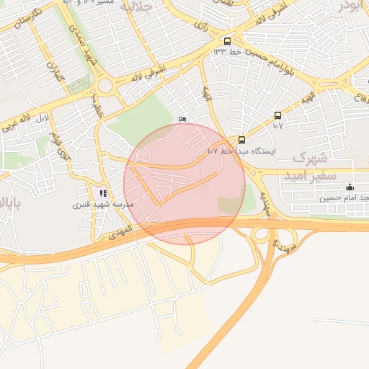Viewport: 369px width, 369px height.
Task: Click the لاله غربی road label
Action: point(17,122)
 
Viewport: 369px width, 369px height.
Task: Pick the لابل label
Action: point(43,116)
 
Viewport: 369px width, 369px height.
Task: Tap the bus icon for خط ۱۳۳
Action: point(228,41)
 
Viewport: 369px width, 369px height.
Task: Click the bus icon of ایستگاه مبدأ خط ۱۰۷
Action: point(241,141)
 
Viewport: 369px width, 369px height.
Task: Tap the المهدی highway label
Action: point(119,231)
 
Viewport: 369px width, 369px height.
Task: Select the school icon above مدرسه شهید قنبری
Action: point(103,193)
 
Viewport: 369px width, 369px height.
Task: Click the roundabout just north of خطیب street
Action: point(106,86)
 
